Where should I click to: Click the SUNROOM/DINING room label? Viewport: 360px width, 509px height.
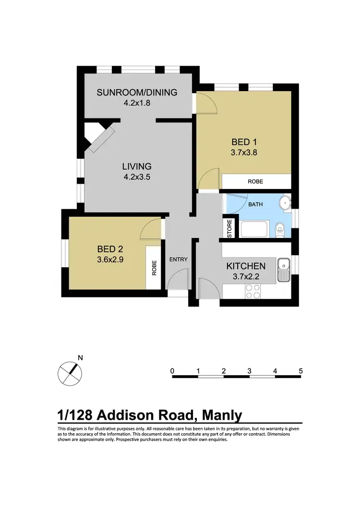(x=137, y=93)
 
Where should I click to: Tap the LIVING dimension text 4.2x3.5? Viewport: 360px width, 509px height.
(x=137, y=177)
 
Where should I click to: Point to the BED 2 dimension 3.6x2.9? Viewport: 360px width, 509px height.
(x=110, y=260)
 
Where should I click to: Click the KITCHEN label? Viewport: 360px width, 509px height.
(x=246, y=266)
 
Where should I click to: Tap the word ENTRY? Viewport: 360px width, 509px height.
(x=179, y=260)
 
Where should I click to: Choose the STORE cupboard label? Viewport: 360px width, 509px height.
(x=229, y=229)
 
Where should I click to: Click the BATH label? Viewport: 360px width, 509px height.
(x=255, y=204)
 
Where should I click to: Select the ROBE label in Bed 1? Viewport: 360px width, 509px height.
(x=255, y=182)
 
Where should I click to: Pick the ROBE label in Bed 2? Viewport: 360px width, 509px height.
(x=154, y=267)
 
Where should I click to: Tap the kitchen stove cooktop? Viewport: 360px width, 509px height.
(x=253, y=292)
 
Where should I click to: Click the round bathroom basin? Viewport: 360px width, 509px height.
(x=285, y=203)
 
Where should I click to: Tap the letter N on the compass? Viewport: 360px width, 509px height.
(x=80, y=357)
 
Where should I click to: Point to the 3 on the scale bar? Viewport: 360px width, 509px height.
(x=250, y=371)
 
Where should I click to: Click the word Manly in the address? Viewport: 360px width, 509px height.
(x=222, y=414)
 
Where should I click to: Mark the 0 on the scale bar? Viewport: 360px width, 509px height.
(x=172, y=371)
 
